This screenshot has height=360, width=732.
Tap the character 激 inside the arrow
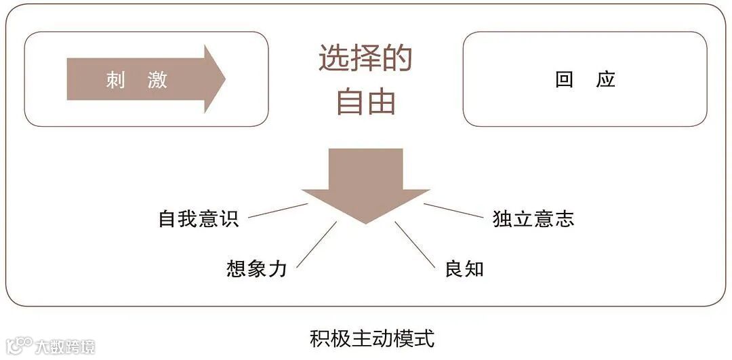point(157,80)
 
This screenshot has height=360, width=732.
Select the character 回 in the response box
point(564,79)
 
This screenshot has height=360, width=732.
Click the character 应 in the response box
point(606,79)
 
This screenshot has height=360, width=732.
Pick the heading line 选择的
point(365,60)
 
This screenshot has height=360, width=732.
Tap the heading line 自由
point(365,102)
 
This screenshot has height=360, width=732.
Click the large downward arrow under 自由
point(365,183)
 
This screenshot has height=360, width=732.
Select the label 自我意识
point(199,219)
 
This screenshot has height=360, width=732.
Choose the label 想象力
point(257,268)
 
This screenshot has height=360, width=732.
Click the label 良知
point(464,268)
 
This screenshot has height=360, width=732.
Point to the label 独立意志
point(533,219)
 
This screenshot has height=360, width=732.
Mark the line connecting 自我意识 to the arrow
point(278,210)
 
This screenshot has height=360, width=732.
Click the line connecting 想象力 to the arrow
point(317,243)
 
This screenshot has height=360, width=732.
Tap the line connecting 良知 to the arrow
point(414,243)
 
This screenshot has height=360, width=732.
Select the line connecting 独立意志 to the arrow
point(453,210)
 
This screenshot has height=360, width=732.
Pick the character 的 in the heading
point(396,60)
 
